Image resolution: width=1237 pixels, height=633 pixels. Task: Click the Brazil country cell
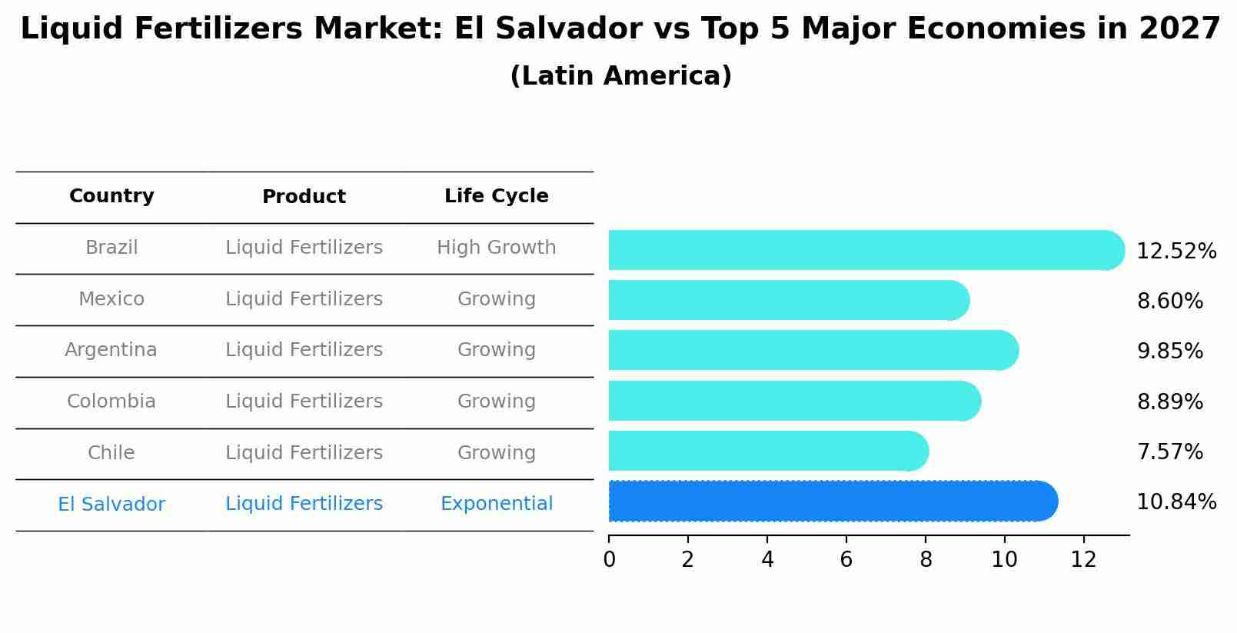coord(111,248)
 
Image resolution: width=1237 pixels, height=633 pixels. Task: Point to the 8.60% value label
coord(1169,302)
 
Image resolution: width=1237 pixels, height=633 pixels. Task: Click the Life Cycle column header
coord(496,196)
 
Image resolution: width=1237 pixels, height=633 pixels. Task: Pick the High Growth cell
coord(496,248)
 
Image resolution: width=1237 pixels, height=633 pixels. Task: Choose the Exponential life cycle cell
coord(496,504)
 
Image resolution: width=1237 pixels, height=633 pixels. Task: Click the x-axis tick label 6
coord(846,560)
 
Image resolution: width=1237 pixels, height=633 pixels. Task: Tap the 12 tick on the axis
coord(1083,560)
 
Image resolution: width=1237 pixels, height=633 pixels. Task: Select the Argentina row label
coord(111,350)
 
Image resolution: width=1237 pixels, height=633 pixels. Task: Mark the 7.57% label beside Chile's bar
coord(1169,452)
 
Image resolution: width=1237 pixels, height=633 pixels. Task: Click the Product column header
coord(304,197)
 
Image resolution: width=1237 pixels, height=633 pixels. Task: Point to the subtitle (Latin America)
coord(620,76)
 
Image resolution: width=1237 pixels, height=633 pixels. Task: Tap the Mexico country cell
coord(111,299)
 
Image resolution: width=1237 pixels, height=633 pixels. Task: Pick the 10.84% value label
coord(1176,502)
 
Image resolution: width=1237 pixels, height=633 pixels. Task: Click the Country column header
coord(111,196)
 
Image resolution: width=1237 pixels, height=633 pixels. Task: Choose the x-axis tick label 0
coord(609,560)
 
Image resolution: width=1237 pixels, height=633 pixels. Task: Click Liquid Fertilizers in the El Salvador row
coord(304,504)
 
